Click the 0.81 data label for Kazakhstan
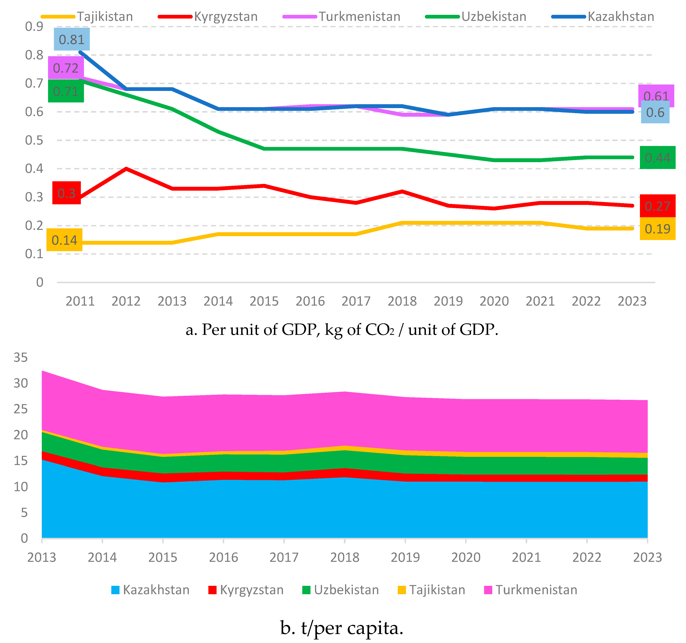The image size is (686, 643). [71, 40]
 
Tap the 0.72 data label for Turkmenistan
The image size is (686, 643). [66, 68]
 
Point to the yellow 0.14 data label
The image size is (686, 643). [64, 240]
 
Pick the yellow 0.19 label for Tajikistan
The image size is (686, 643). [657, 229]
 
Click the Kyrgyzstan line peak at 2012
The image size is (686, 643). [126, 169]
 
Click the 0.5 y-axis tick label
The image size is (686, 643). [34, 140]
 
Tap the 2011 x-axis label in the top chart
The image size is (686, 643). [80, 301]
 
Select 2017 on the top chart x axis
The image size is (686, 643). [356, 301]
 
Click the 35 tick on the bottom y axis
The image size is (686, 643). [21, 358]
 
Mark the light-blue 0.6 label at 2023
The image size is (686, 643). [655, 112]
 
